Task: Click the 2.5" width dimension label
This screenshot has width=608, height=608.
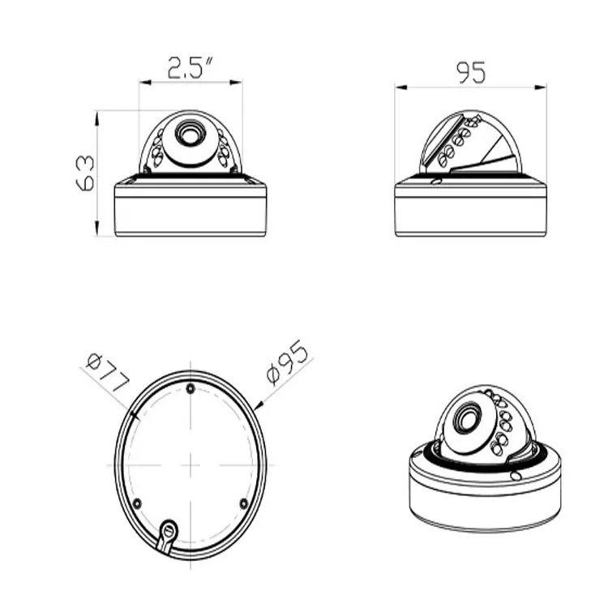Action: click(x=191, y=67)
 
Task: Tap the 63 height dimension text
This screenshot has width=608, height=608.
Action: click(x=85, y=173)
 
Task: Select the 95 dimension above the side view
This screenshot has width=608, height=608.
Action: click(x=471, y=73)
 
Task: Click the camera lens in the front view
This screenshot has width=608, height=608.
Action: click(x=191, y=133)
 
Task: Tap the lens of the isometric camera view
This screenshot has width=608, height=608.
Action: click(x=467, y=418)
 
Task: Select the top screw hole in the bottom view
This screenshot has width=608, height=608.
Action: click(x=190, y=388)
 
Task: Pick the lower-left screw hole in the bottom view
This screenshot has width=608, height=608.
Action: click(x=137, y=503)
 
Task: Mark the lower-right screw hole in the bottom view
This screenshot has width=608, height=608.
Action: click(x=243, y=503)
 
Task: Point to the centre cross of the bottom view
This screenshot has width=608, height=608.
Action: click(x=190, y=465)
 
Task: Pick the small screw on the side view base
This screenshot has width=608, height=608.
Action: click(x=436, y=181)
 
